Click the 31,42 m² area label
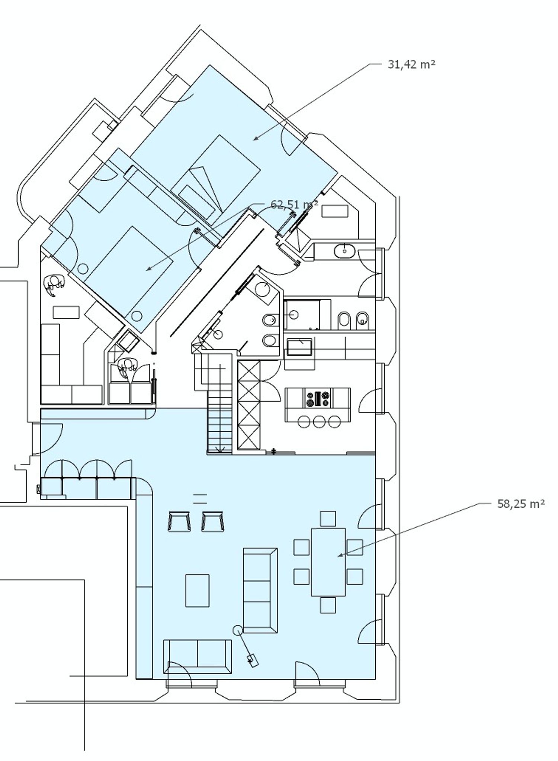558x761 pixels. point(411,65)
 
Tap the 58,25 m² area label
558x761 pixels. point(521,504)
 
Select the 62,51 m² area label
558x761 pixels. point(294,205)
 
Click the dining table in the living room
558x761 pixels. point(328,562)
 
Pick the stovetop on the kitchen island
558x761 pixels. point(317,399)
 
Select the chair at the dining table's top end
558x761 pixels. point(328,519)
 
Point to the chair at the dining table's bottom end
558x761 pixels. point(328,605)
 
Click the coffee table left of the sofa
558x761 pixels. point(197,591)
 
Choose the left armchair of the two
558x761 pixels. point(179,521)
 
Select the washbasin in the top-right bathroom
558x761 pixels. point(345,251)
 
